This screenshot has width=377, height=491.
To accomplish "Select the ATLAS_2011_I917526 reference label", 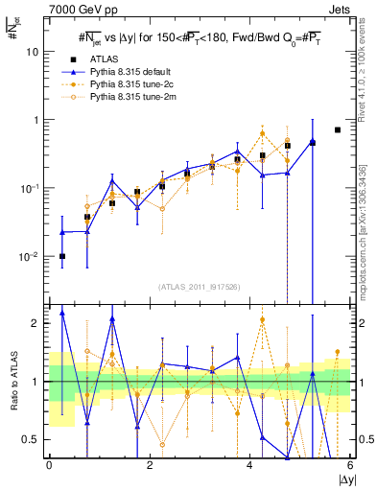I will click(x=199, y=288).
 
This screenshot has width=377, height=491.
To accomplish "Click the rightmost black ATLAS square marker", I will click(x=337, y=129).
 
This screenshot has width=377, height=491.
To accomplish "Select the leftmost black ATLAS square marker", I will click(x=62, y=256).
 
